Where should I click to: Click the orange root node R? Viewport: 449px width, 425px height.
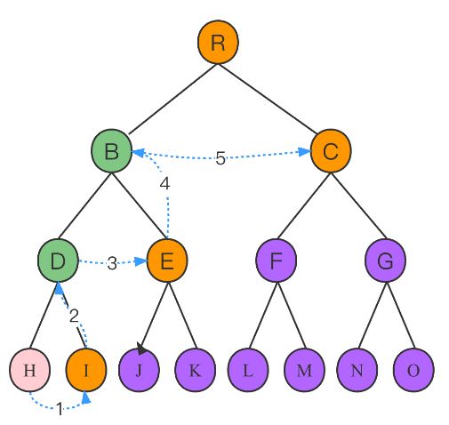pos(218,42)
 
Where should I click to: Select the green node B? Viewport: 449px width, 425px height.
pos(111,151)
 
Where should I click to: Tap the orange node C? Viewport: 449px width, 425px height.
pos(331,151)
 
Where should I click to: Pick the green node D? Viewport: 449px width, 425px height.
pos(58,261)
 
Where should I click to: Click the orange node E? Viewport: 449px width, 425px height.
pos(167,261)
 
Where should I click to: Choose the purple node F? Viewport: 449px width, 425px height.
pos(277,261)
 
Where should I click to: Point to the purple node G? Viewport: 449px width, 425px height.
pos(385,261)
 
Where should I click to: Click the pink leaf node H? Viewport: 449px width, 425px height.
pos(29,370)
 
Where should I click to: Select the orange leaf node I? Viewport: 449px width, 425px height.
pos(86,370)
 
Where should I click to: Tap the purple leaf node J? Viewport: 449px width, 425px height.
pos(139,370)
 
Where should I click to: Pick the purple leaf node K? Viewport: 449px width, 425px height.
pos(196,370)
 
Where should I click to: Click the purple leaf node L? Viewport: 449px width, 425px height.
pos(248,370)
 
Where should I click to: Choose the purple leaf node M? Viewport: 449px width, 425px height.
pos(304,370)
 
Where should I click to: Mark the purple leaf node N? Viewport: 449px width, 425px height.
pos(357,370)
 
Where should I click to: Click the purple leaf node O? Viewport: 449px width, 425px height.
pos(413,370)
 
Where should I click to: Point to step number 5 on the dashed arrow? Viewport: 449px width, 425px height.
pos(220,158)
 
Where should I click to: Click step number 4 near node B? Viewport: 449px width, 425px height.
pos(164,184)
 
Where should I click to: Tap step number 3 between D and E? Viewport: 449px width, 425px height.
pos(112,263)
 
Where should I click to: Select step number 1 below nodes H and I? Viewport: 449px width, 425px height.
pos(60,409)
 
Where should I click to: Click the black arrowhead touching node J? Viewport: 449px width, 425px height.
pos(141,348)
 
